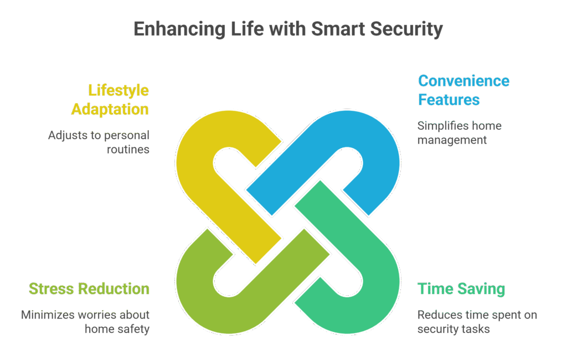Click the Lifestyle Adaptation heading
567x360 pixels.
click(110, 99)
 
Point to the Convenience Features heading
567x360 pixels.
click(463, 90)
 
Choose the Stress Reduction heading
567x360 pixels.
click(89, 289)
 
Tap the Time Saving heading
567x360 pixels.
click(461, 289)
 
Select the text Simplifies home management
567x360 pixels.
click(459, 133)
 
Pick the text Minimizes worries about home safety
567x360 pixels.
click(86, 322)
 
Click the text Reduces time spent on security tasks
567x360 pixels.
click(477, 322)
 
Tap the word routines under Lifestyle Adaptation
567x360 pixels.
click(132, 149)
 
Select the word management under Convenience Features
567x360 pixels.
click(452, 140)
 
